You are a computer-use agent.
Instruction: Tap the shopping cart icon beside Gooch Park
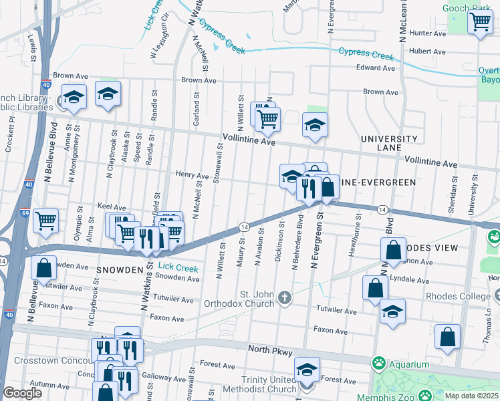(480, 23)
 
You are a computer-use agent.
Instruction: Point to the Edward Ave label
(376, 68)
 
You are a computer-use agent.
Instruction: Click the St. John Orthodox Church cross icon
(285, 297)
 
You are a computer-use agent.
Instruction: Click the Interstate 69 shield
(24, 213)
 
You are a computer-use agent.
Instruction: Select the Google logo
(22, 393)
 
